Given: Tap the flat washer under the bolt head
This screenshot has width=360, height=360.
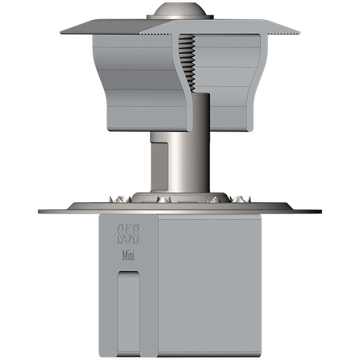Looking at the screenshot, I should click(x=180, y=17).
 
